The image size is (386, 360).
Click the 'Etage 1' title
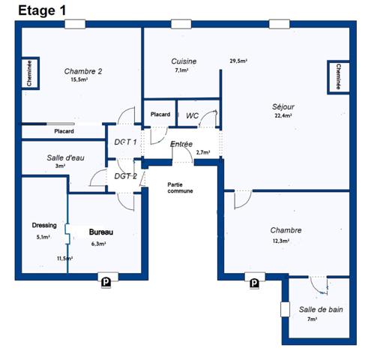(x=42, y=10)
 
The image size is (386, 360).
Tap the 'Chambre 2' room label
(x=83, y=71)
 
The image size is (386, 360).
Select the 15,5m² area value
(x=79, y=79)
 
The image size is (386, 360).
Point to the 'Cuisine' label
(x=184, y=61)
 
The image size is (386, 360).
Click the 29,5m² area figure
(x=238, y=61)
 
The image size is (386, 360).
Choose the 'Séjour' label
(x=283, y=107)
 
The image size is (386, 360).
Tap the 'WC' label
(x=192, y=115)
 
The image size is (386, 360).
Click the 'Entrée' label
(x=181, y=144)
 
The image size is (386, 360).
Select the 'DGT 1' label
(x=125, y=142)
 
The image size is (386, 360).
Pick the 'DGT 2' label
(x=125, y=176)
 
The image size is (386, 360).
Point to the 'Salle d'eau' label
(x=65, y=157)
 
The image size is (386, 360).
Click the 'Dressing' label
(x=44, y=225)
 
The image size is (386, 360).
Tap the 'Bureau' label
(x=101, y=232)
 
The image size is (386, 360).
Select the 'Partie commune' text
(x=180, y=187)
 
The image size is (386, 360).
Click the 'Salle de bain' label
(x=321, y=310)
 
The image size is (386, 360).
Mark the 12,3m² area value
(x=281, y=241)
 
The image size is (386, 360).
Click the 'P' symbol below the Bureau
(x=106, y=283)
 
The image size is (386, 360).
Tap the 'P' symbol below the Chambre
(x=254, y=283)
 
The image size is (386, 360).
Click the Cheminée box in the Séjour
(x=338, y=77)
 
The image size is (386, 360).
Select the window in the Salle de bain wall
(x=285, y=309)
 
